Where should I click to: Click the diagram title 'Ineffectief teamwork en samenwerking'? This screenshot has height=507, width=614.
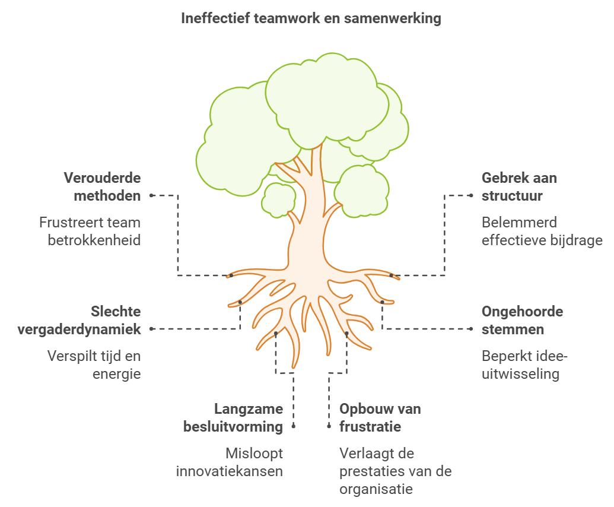(x=311, y=18)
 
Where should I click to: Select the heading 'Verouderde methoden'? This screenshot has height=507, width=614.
(x=102, y=186)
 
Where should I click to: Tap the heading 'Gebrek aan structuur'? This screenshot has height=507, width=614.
(x=519, y=186)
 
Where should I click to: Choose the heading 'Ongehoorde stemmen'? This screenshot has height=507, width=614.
(x=522, y=320)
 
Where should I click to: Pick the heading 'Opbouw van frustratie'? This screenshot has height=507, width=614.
(x=380, y=417)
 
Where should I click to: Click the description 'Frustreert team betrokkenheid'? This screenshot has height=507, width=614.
(x=90, y=232)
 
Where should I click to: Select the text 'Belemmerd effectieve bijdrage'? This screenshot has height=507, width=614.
(x=542, y=232)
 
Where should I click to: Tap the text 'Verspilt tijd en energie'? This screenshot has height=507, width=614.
(x=94, y=365)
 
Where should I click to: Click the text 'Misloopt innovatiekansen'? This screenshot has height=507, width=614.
(x=230, y=462)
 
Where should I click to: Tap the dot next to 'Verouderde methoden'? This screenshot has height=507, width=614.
(x=152, y=195)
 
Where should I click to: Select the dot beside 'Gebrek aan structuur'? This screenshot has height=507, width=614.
(x=471, y=195)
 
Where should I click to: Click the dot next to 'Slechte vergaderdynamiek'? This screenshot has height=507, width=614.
(x=152, y=328)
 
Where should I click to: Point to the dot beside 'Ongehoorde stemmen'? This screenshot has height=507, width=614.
(x=471, y=328)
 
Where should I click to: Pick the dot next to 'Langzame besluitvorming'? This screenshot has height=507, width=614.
(x=294, y=426)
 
